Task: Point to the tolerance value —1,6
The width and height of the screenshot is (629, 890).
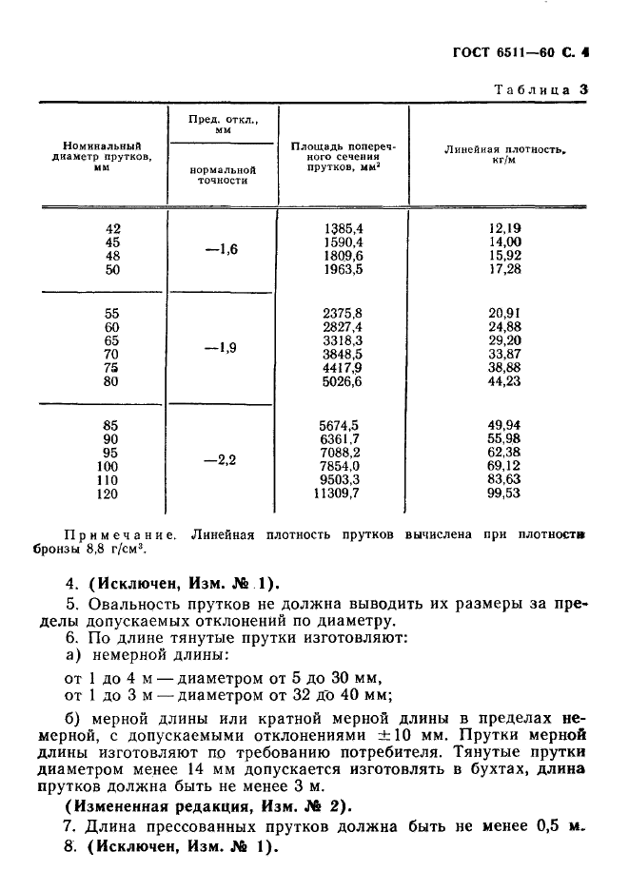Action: pos(221,249)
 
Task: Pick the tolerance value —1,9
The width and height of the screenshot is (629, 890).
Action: pos(221,348)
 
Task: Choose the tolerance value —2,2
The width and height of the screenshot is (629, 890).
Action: pos(221,460)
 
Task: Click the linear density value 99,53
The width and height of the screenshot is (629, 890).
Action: pos(505,495)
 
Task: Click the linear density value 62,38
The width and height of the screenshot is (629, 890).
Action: pos(505,453)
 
